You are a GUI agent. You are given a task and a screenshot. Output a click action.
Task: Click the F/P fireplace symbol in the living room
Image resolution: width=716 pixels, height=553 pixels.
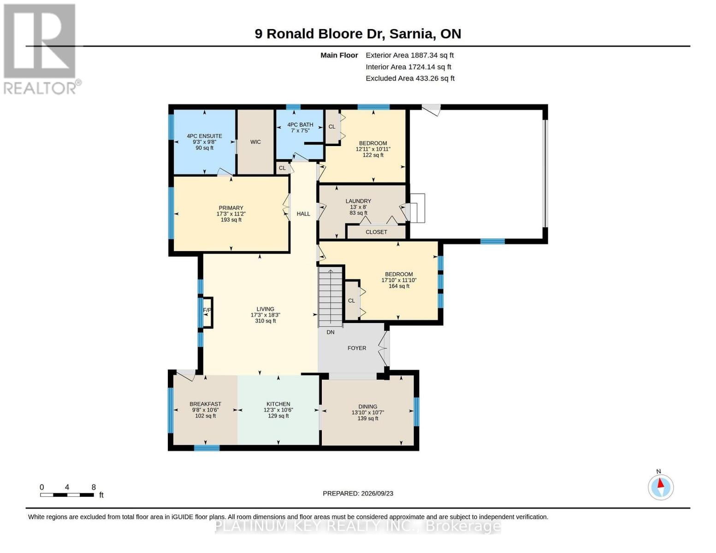[x=207, y=312]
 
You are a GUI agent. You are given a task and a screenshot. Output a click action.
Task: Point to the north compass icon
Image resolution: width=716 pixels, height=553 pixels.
[x=660, y=487]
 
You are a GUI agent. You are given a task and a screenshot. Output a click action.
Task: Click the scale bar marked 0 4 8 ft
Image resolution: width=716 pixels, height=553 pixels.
[x=67, y=494]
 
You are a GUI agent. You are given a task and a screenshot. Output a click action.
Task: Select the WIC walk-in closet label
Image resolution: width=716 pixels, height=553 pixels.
[x=255, y=142]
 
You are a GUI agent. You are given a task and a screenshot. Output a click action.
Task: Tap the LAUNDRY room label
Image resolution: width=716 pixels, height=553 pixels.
[x=358, y=201]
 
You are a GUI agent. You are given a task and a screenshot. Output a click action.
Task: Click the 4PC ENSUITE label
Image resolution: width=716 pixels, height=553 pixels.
[x=204, y=136]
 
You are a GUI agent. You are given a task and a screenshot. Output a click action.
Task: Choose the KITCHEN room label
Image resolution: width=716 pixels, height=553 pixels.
[x=278, y=404]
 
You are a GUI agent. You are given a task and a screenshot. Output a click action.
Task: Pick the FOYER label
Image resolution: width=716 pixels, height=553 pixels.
[x=357, y=348]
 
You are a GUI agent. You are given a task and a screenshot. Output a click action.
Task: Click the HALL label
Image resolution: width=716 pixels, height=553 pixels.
[x=303, y=214]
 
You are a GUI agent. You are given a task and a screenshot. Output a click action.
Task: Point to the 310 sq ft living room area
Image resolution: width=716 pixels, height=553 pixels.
[x=265, y=321]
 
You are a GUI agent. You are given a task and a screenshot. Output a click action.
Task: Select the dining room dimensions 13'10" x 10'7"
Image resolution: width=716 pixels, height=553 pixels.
[x=368, y=412]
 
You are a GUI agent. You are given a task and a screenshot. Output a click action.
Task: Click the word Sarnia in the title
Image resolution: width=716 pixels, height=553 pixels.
[x=412, y=34]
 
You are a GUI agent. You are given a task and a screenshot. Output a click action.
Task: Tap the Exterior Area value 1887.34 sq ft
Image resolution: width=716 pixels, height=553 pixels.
[x=432, y=55]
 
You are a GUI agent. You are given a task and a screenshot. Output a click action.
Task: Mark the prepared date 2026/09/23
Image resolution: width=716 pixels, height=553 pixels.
[x=377, y=494]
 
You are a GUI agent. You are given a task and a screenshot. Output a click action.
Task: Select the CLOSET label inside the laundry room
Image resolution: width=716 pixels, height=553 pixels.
[x=376, y=232]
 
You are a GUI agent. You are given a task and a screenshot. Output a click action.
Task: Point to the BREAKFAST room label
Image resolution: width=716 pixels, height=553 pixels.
[x=205, y=404]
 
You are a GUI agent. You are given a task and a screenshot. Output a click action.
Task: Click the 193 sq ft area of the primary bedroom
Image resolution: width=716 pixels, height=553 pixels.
[x=231, y=220]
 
